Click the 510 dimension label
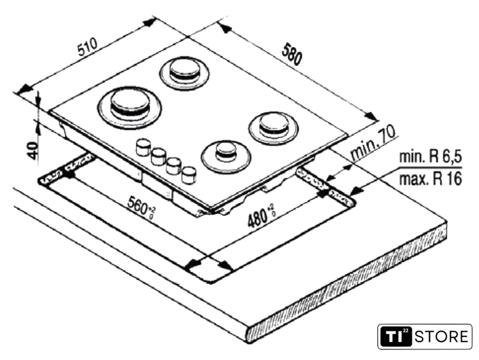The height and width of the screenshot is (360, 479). [x=88, y=46]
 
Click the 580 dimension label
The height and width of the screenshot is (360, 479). [x=292, y=54]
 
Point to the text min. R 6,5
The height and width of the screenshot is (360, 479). [x=430, y=157]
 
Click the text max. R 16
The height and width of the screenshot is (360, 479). [x=430, y=179]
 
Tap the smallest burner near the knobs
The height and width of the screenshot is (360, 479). [x=227, y=154]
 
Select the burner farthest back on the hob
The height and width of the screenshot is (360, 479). [x=185, y=72]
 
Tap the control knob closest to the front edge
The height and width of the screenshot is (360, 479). [x=189, y=175]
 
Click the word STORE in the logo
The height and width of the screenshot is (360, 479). [x=441, y=337]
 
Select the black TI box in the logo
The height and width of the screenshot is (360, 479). [x=396, y=337]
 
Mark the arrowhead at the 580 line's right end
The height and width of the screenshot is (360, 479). [x=372, y=116]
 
